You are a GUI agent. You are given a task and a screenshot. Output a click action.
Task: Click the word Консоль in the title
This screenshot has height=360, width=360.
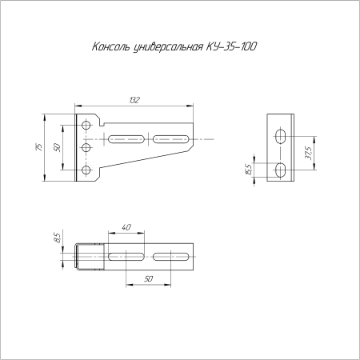tap(111, 46)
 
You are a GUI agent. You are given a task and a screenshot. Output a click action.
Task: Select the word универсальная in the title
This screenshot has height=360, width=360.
tap(168, 47)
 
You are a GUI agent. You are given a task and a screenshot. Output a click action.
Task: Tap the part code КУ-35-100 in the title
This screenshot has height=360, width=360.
tap(231, 46)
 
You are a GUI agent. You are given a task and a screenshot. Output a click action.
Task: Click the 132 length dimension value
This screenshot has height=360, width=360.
tap(134, 100)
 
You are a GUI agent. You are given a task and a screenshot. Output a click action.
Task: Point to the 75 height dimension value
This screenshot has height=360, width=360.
tap(38, 147)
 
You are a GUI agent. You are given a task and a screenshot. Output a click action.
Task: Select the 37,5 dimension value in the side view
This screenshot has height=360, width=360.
tap(309, 153)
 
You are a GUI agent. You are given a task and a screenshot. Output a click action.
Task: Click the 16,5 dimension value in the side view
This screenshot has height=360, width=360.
tap(248, 170)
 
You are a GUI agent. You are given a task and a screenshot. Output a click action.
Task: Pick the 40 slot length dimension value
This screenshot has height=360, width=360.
tap(126, 227)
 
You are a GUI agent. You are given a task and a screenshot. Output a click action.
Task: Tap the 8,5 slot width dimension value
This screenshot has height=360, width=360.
tap(57, 238)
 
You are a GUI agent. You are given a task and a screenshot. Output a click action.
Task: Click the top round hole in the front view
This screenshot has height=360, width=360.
tap(86, 125)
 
